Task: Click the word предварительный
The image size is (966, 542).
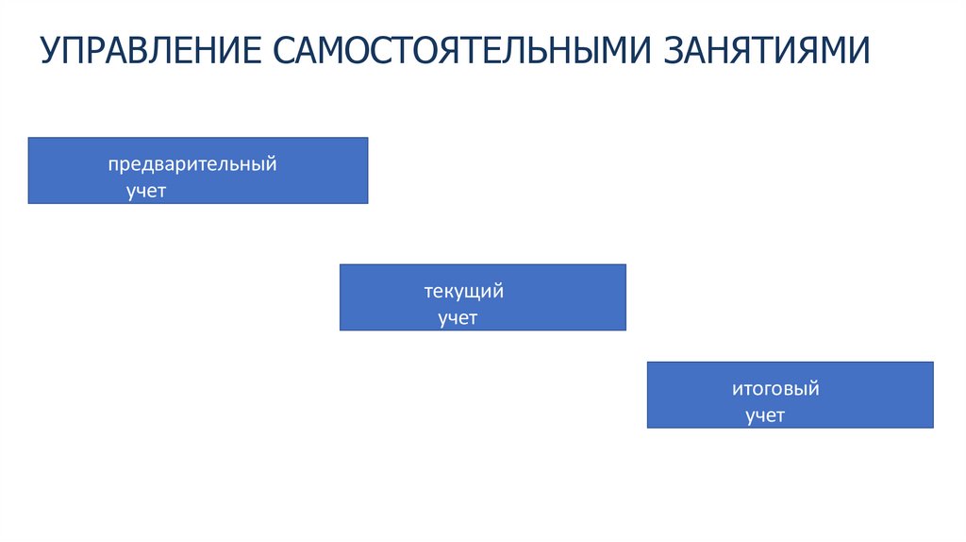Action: (192, 164)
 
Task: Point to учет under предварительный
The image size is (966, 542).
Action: (146, 191)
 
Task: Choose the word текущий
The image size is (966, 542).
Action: (463, 292)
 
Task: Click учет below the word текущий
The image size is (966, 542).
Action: (458, 318)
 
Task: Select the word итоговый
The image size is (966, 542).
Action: (775, 389)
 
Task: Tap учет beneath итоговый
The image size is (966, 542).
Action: (765, 415)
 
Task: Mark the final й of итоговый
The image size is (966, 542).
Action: (813, 389)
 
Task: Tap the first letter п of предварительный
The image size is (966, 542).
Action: (112, 164)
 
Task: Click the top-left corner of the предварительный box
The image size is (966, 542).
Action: (28, 138)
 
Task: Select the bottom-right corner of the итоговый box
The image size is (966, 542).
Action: (933, 428)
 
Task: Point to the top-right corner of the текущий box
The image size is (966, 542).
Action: (625, 264)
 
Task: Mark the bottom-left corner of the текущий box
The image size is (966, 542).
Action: (340, 330)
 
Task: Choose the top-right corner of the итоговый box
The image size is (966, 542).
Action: (933, 362)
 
